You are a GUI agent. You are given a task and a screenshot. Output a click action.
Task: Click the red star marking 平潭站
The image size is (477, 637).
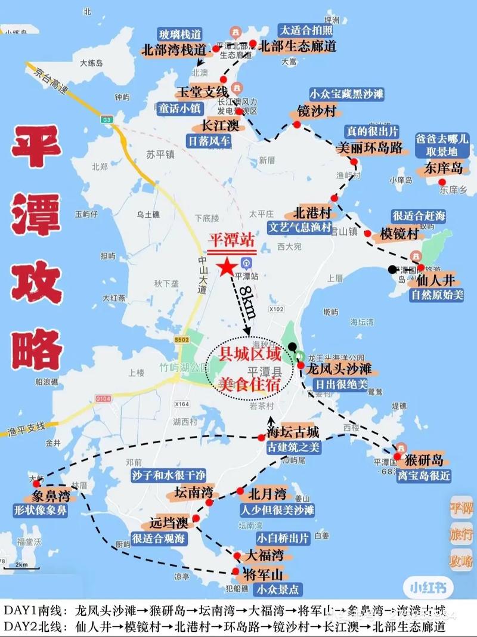point(227,267)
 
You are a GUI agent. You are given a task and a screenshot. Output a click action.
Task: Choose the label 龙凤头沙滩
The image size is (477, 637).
point(339,369)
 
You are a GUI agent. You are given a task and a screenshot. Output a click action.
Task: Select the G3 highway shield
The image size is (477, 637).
point(107,120)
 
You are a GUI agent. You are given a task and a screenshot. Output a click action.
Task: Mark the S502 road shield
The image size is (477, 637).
point(181,340)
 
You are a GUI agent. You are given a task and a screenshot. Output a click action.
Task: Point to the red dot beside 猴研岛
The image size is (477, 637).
point(397,456)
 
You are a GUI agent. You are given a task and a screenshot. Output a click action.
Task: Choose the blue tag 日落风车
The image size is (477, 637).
point(209,142)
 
